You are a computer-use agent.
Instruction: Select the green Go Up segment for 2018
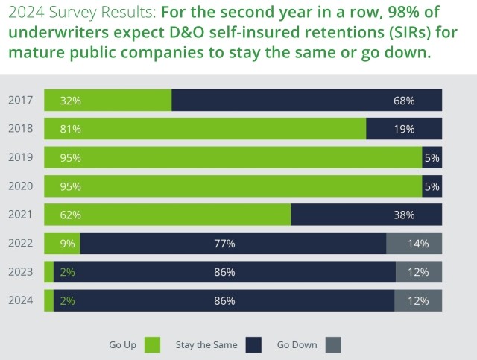pyautogui.click(x=205, y=129)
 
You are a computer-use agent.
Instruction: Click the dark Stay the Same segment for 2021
pyautogui.click(x=366, y=215)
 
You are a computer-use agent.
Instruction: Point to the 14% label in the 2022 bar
pyautogui.click(x=418, y=244)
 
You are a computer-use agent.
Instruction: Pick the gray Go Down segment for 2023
pyautogui.click(x=418, y=272)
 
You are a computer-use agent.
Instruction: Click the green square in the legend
pyautogui.click(x=152, y=344)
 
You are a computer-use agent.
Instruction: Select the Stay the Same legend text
pyautogui.click(x=206, y=344)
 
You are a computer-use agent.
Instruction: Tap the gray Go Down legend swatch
pyautogui.click(x=333, y=344)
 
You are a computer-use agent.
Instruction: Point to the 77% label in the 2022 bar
pyautogui.click(x=224, y=244)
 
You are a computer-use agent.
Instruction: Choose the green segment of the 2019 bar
pyautogui.click(x=233, y=158)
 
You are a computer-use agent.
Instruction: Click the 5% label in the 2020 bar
pyautogui.click(x=432, y=186)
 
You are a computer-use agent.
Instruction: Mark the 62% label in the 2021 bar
pyautogui.click(x=71, y=215)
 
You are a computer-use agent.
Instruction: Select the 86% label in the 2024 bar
pyautogui.click(x=224, y=301)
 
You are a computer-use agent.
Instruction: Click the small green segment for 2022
pyautogui.click(x=62, y=244)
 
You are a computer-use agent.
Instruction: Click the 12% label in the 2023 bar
pyautogui.click(x=418, y=272)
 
